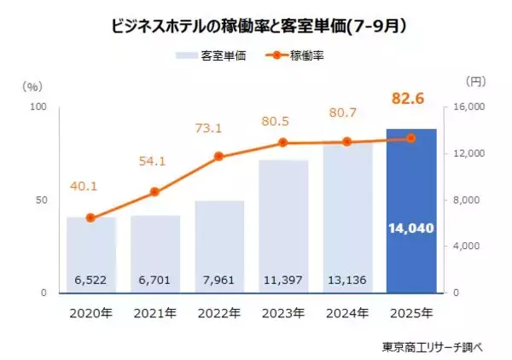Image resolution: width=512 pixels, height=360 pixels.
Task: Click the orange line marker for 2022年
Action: [219, 157]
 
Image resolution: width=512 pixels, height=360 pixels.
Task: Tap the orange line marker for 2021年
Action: [155, 192]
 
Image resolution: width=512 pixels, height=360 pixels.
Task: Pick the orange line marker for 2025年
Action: [411, 138]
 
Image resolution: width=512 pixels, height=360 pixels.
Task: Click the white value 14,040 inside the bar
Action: [411, 229]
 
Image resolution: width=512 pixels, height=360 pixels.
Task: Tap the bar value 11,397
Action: [283, 279]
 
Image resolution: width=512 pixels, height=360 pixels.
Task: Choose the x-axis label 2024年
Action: [347, 312]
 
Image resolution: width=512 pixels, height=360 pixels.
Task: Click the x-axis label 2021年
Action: [155, 312]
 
